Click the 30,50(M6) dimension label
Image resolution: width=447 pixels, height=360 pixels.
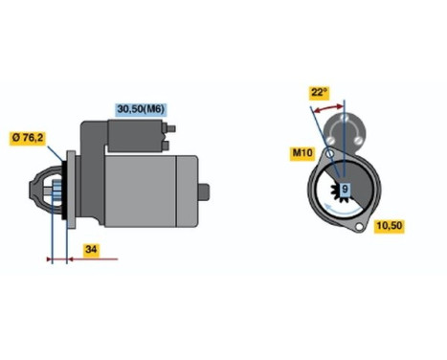pos(140,110)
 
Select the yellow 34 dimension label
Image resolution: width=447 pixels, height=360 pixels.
pos(90,251)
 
